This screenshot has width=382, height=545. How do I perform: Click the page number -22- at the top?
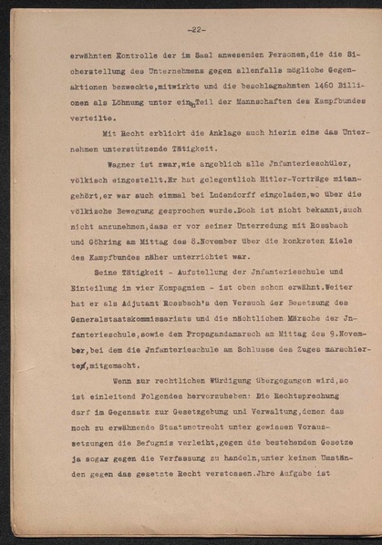point(196,29)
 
